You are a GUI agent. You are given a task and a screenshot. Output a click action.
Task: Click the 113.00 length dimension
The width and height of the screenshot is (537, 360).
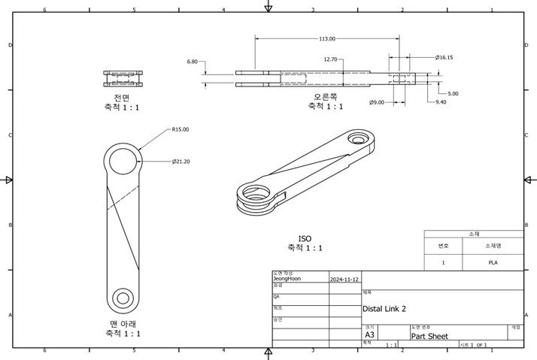click(327, 38)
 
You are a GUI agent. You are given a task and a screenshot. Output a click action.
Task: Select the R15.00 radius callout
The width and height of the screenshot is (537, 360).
click(180, 129)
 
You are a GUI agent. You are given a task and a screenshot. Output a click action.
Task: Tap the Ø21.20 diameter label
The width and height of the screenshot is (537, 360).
click(181, 162)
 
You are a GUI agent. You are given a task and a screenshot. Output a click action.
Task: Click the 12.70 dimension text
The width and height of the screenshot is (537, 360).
click(330, 59)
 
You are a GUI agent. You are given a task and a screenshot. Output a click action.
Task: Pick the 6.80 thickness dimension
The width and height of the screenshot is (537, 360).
click(193, 62)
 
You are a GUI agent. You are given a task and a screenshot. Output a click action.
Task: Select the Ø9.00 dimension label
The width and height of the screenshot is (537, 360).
click(377, 101)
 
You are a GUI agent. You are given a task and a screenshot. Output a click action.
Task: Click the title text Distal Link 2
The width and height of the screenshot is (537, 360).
click(384, 309)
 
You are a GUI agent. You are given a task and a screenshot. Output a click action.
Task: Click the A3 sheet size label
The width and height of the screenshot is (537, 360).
click(370, 336)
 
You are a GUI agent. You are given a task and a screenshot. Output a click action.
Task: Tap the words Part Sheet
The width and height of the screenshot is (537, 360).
click(429, 336)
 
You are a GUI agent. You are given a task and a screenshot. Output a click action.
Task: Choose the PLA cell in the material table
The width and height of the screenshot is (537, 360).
click(493, 263)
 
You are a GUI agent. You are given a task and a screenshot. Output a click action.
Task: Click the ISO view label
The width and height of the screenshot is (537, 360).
click(305, 238)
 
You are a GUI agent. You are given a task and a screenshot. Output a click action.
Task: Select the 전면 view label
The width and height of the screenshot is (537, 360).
click(123, 98)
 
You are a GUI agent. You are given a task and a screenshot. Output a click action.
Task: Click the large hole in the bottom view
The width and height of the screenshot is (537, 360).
click(123, 161)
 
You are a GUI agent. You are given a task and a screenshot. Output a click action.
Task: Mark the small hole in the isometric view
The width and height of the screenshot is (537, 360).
click(359, 140)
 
